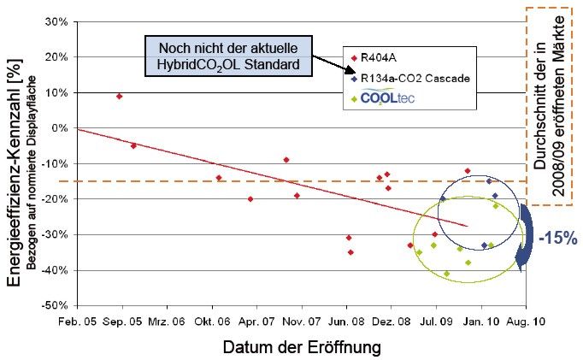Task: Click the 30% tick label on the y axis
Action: click(56, 21)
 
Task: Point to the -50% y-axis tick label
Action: click(54, 305)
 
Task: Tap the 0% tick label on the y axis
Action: click(60, 128)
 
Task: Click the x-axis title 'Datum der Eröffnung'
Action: click(302, 348)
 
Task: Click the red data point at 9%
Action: click(120, 96)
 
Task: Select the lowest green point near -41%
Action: click(446, 274)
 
